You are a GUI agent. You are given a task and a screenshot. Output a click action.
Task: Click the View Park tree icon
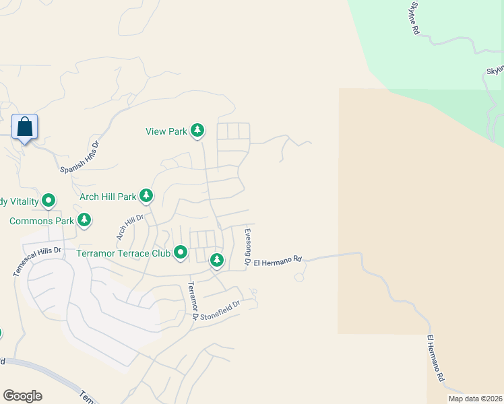(197, 131)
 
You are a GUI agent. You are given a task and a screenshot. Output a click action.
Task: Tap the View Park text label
(166, 131)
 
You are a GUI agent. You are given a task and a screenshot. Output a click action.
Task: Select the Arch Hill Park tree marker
(146, 197)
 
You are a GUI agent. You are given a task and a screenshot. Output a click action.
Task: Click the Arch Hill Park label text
(108, 197)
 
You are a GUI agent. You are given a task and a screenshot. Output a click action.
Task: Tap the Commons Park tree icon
(84, 220)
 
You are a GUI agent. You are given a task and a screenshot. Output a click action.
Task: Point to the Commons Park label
(41, 220)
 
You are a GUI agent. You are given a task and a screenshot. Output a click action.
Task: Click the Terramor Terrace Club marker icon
(181, 253)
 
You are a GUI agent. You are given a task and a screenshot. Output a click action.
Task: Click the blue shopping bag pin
(25, 127)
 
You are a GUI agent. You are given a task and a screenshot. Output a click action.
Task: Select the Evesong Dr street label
(247, 247)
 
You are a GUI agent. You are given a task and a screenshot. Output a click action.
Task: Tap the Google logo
(22, 396)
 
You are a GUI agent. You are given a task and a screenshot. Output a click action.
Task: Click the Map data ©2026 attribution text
(475, 399)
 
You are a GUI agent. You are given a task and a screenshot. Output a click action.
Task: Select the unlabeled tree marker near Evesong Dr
(216, 260)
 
